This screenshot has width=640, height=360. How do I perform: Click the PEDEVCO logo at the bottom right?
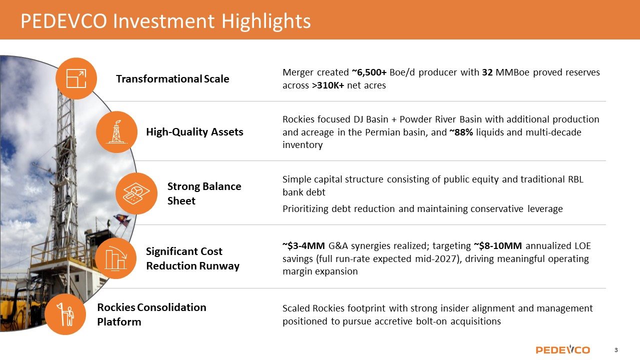coord(562,349)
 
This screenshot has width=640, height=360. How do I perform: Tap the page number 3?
coord(616,350)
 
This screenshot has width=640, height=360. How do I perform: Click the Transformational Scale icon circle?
coord(76,78)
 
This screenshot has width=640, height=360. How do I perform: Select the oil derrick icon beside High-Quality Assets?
coord(116,132)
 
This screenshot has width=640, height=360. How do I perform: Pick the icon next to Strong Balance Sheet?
coord(136,193)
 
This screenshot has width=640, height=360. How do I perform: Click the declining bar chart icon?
coord(115,258)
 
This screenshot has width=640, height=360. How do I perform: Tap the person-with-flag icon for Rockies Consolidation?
coord(65,314)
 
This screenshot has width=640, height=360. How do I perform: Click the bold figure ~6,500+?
coord(369,72)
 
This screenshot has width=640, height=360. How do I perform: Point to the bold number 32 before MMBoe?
coord(487,72)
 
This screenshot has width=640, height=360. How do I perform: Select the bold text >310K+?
coord(328,85)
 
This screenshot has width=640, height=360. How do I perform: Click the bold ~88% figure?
coord(461,132)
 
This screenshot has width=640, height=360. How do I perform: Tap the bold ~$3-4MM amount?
coord(303,245)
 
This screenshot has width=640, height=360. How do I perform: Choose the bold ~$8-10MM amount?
coord(498,245)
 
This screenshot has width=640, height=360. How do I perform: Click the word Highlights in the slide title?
coord(266,21)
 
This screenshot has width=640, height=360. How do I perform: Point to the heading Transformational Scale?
coord(172,79)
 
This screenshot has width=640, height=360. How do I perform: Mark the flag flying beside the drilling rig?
coord(121,219)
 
